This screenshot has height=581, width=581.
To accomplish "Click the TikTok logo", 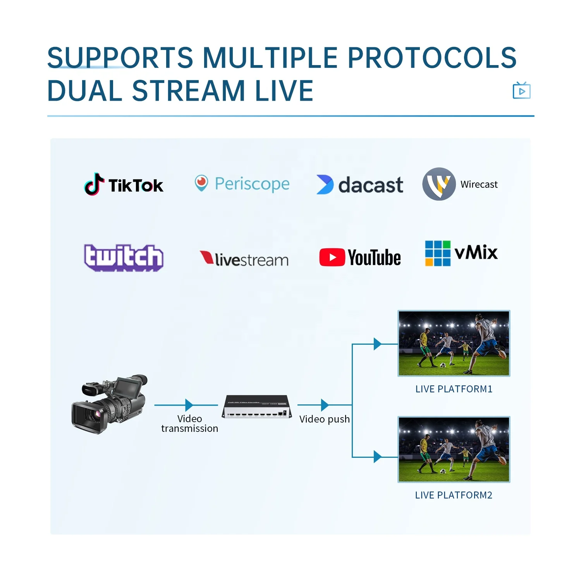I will (x=124, y=185).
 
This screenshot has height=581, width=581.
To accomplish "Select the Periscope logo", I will (x=242, y=184).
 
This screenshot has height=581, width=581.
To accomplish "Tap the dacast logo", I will (x=360, y=185).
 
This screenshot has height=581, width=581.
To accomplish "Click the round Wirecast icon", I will (x=439, y=184).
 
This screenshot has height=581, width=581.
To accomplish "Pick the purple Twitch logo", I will (x=124, y=257).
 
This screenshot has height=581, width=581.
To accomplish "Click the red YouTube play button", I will (x=332, y=258).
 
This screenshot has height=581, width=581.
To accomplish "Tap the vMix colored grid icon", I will (x=438, y=253).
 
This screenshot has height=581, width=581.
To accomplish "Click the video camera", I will (x=110, y=404).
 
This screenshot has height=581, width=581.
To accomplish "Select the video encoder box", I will (x=257, y=407).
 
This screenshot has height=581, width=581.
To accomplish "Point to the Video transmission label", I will (x=189, y=423).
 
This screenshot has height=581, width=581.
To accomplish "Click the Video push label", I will (x=324, y=419).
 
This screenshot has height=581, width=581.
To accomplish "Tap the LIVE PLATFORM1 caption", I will (x=454, y=389).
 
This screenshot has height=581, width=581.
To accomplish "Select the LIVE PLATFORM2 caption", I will (x=454, y=495).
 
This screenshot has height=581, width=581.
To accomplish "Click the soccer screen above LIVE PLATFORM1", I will (x=454, y=343).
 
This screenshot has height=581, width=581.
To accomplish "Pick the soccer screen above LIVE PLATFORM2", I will (x=454, y=449).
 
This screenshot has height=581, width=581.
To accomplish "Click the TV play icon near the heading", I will (x=521, y=91).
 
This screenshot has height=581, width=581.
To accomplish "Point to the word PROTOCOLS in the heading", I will (x=432, y=57).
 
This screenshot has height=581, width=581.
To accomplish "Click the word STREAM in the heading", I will (x=189, y=91).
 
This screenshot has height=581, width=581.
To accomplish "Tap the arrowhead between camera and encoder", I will (x=189, y=405).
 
